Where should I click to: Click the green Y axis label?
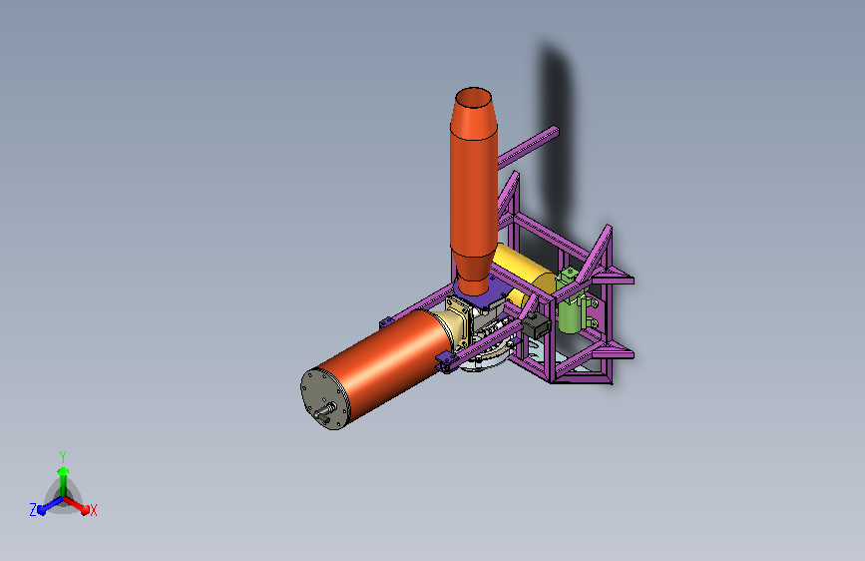63,457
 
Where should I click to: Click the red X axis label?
93,510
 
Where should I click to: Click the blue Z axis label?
33,510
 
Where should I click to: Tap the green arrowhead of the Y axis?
63,471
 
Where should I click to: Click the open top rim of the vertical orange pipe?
473,98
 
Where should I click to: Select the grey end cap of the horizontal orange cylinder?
325,398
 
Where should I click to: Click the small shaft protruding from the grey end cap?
325,411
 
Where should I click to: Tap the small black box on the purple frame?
535,324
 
